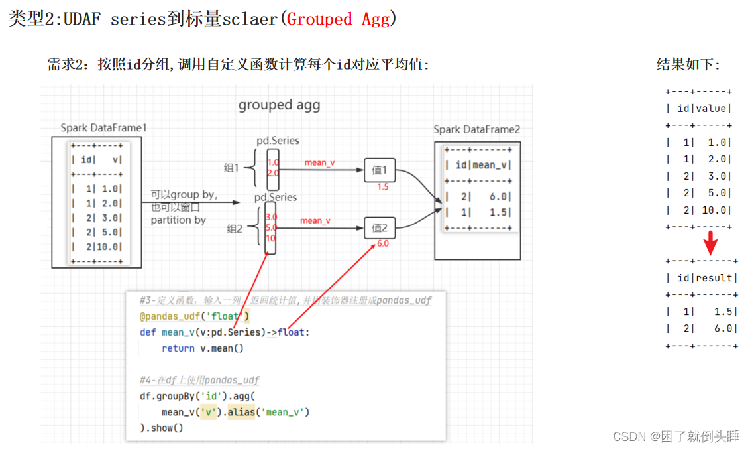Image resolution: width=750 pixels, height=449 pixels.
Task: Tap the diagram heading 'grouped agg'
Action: pyautogui.click(x=279, y=105)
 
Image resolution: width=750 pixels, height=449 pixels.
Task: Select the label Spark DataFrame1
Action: pyautogui.click(x=103, y=128)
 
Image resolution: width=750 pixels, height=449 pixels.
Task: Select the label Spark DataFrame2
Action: pyautogui.click(x=477, y=129)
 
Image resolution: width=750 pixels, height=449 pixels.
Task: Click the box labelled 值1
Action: pyautogui.click(x=380, y=170)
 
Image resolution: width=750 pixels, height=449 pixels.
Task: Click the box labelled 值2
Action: pyautogui.click(x=380, y=228)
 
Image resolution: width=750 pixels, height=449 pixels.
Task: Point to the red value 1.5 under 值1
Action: pyautogui.click(x=382, y=187)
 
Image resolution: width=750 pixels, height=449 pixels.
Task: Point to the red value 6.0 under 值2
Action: pyautogui.click(x=383, y=243)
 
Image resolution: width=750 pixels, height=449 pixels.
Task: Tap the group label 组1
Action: pyautogui.click(x=231, y=168)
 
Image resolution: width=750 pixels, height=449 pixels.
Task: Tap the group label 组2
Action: pyautogui.click(x=235, y=229)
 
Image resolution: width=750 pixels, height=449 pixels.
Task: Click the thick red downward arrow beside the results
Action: pyautogui.click(x=710, y=243)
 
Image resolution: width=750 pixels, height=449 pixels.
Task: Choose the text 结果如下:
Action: pyautogui.click(x=688, y=64)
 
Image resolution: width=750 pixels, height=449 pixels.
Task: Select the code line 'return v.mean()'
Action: pyautogui.click(x=203, y=348)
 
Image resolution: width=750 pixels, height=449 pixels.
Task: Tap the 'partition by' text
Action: pyautogui.click(x=178, y=220)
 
